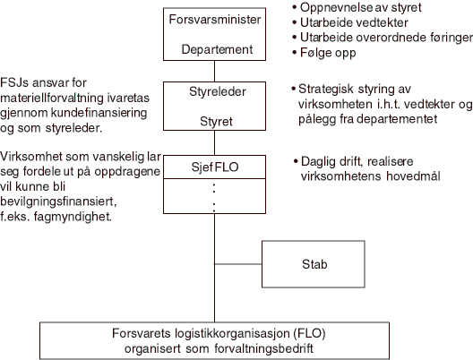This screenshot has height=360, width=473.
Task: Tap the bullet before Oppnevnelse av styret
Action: tap(296, 8)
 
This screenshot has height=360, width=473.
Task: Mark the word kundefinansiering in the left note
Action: tap(94, 103)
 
